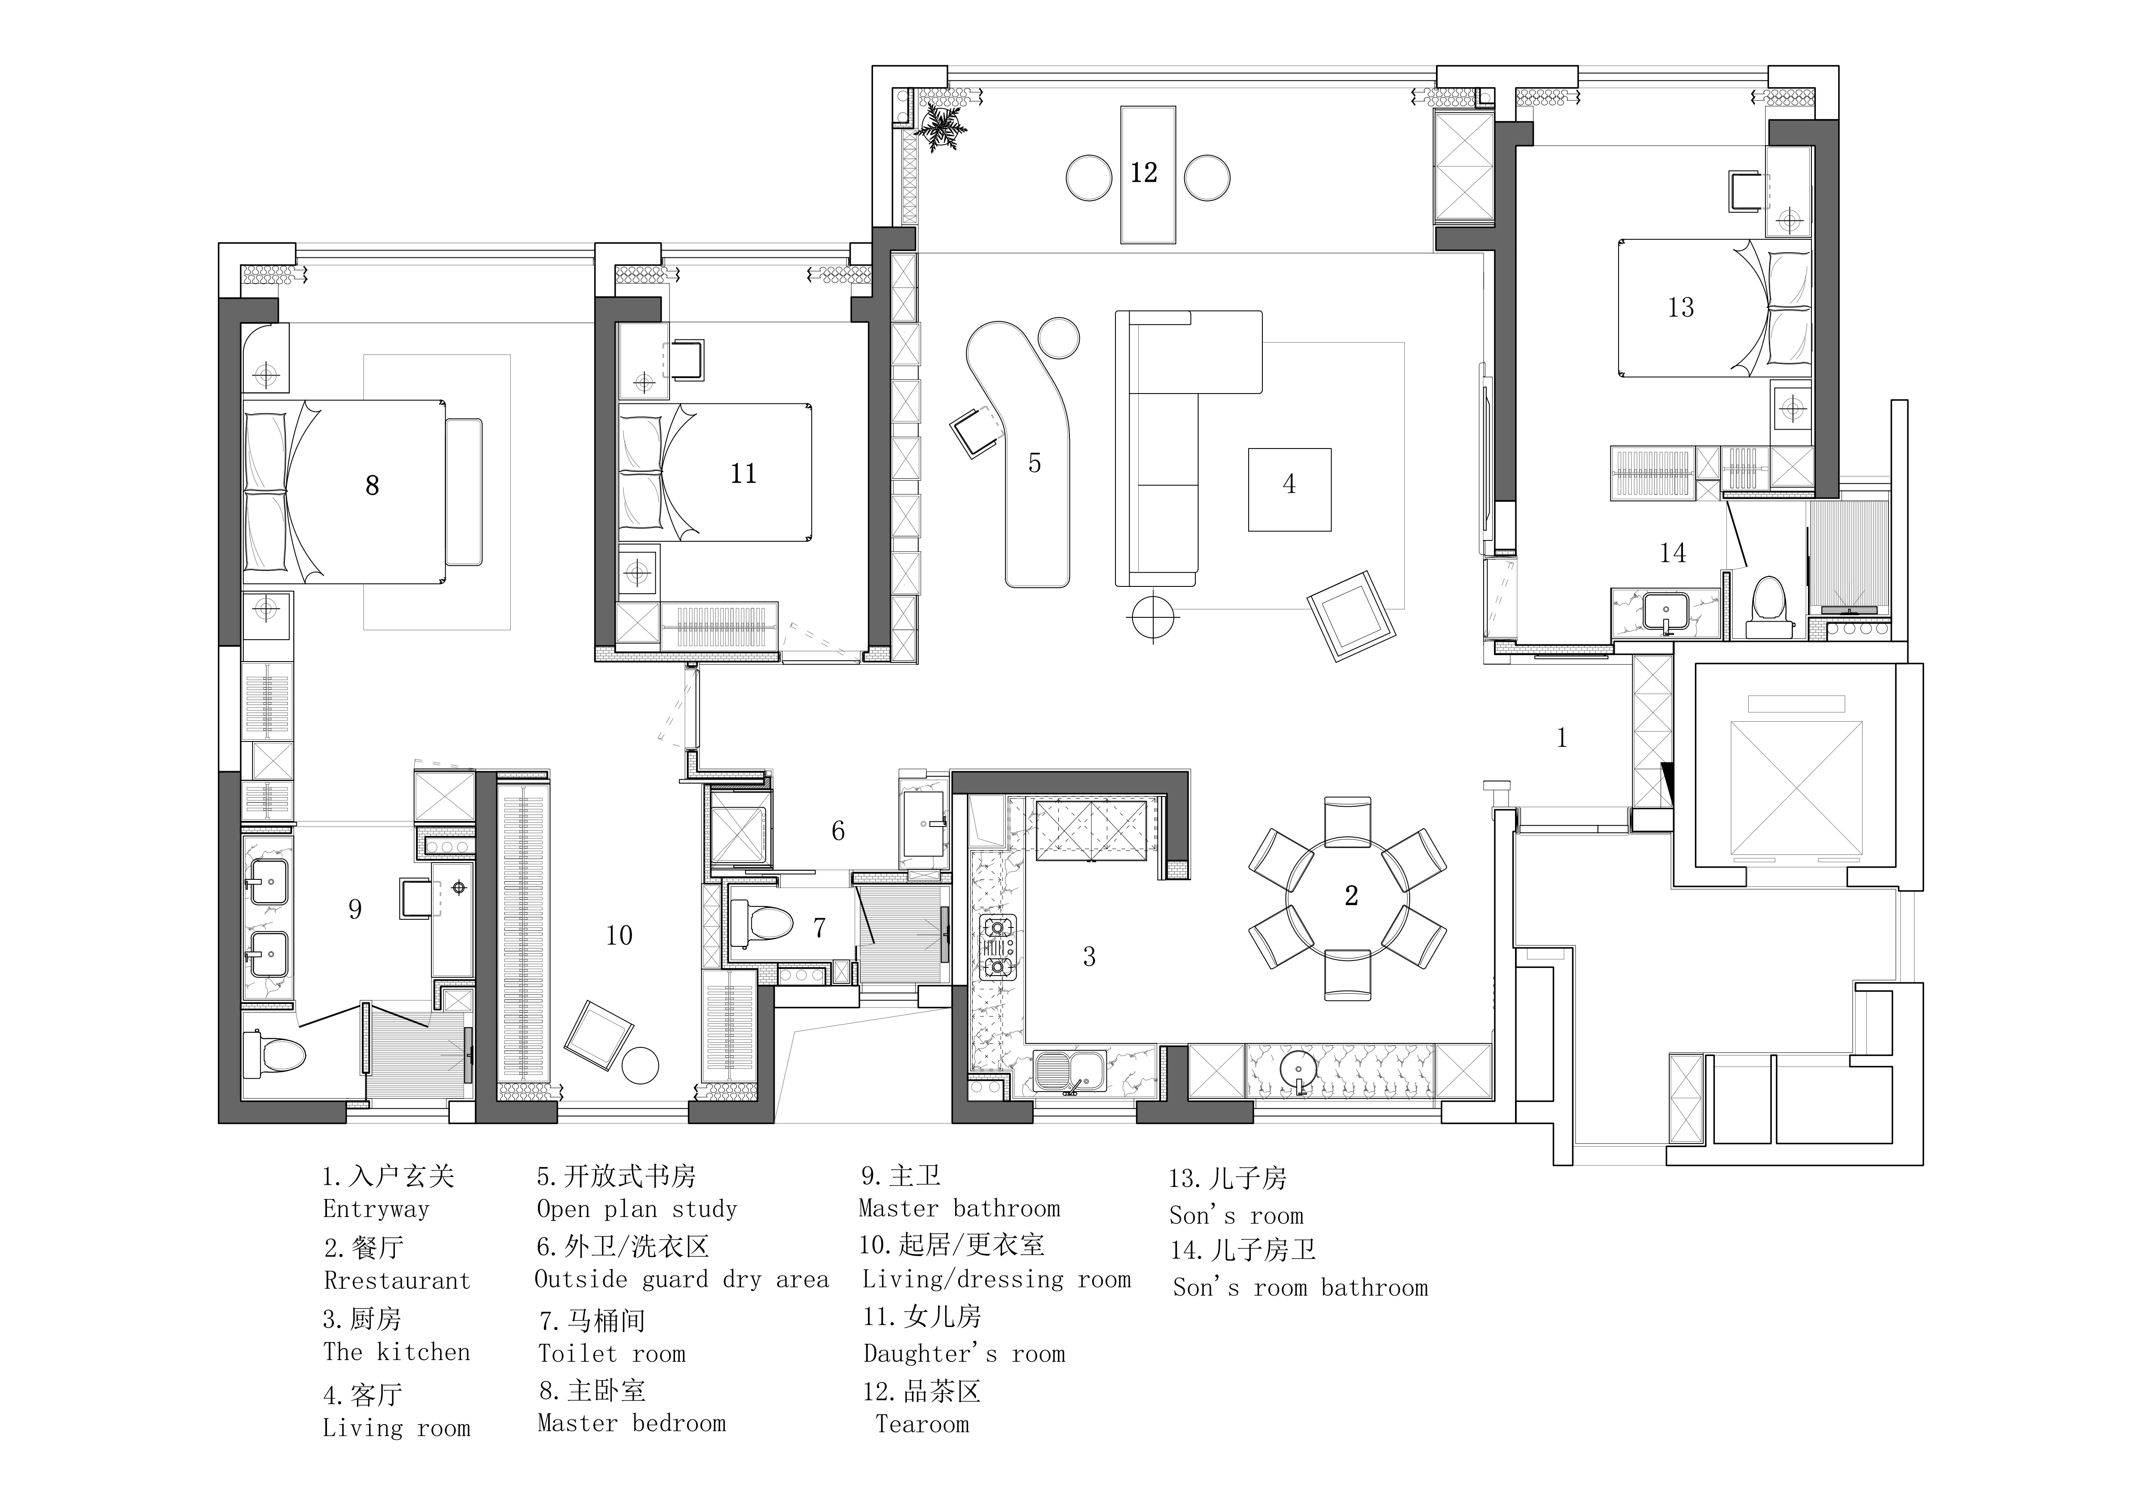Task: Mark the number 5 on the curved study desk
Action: pos(1035,464)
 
